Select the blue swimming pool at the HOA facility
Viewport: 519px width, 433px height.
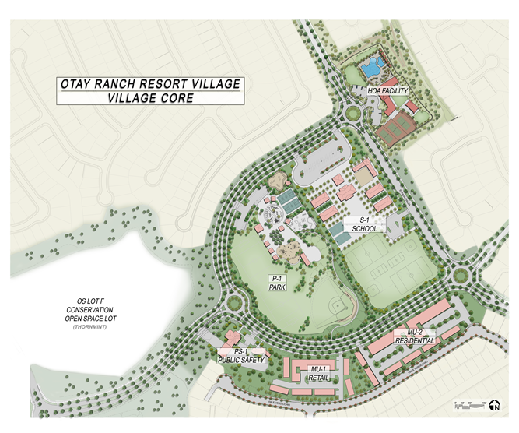coord(370,69)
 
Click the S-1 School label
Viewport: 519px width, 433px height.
coord(365,224)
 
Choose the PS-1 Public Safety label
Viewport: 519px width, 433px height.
coord(241,356)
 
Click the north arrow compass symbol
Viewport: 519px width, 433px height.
coord(493,404)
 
